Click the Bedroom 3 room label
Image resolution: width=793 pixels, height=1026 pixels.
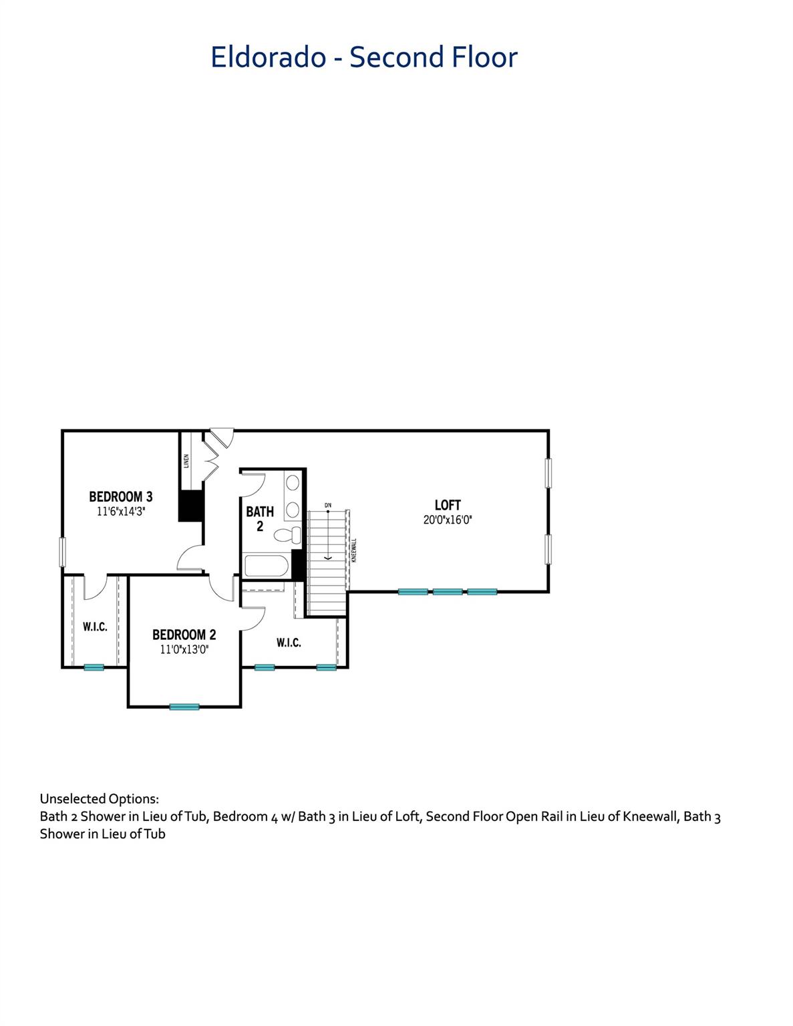(x=121, y=497)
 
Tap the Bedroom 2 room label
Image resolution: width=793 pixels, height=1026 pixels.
(x=184, y=635)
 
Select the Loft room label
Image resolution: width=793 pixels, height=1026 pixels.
(x=448, y=505)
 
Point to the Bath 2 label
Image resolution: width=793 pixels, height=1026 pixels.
(x=260, y=518)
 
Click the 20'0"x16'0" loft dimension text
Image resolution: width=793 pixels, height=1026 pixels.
(x=448, y=520)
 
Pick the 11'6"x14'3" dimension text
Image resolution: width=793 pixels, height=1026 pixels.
(x=121, y=512)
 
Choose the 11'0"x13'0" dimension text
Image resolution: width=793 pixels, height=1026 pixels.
(x=184, y=650)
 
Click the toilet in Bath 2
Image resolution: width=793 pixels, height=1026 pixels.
(x=287, y=535)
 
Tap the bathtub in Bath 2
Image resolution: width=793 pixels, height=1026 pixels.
(x=265, y=566)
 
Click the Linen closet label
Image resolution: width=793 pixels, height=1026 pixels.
(x=186, y=461)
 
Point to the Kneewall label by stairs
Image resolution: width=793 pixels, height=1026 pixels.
(x=355, y=550)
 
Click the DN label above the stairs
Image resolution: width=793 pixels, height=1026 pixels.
(x=328, y=505)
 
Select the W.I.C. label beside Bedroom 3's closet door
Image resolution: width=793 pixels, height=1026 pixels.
(x=95, y=627)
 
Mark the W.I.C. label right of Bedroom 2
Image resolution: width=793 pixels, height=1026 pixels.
(x=289, y=643)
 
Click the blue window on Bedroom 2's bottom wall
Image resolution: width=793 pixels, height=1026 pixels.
(x=184, y=707)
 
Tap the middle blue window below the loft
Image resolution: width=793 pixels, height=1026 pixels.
(x=448, y=592)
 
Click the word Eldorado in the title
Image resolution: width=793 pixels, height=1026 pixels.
(x=268, y=57)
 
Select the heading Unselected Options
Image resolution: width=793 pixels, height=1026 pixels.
(x=100, y=799)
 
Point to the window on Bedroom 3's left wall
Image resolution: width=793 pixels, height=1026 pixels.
(x=62, y=552)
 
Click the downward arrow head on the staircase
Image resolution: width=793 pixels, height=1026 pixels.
(x=327, y=558)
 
